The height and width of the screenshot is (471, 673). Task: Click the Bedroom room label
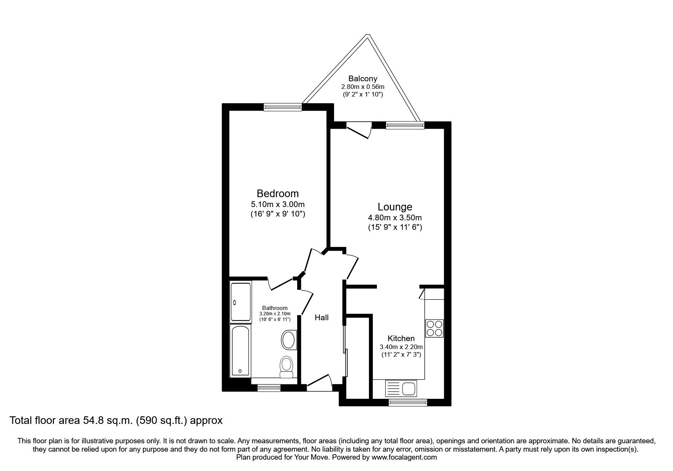point(277,193)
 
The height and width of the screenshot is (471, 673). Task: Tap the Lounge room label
point(395,207)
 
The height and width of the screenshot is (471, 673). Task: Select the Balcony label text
point(363,79)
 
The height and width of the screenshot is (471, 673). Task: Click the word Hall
point(321,318)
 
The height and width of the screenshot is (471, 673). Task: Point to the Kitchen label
point(401,338)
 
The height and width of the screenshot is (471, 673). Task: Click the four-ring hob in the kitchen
point(434,328)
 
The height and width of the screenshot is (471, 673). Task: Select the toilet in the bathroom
point(287,367)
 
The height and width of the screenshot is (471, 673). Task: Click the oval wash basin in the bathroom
point(289,340)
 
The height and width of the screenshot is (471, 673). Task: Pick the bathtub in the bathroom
point(240,349)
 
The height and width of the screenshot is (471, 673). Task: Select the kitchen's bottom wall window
point(408,402)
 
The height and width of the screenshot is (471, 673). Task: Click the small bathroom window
point(269,388)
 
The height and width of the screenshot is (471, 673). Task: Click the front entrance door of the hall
point(318,382)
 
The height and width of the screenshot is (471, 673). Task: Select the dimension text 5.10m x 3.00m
point(277,205)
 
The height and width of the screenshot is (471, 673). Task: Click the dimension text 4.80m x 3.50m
point(395,218)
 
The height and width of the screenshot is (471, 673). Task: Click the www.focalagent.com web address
point(404,457)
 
